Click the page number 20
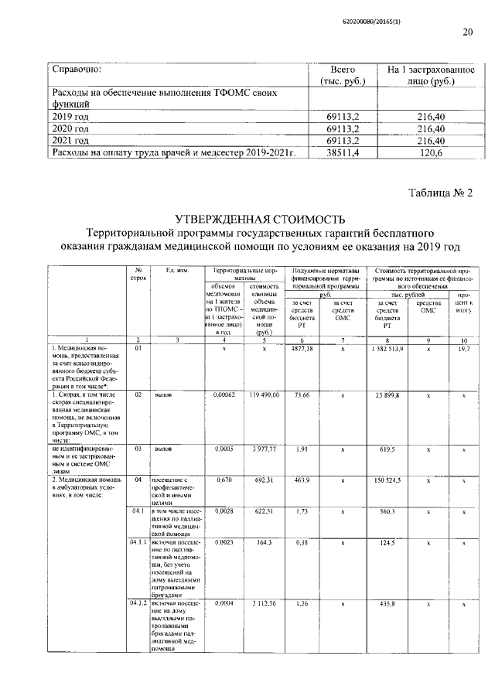(467, 32)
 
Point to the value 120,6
(428, 153)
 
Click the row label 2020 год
(70, 128)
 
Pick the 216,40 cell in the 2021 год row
(428, 141)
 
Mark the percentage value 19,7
(464, 350)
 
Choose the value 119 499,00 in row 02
(264, 394)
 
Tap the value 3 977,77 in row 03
(264, 448)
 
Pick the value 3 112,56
(264, 602)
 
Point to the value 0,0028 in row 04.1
(224, 512)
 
